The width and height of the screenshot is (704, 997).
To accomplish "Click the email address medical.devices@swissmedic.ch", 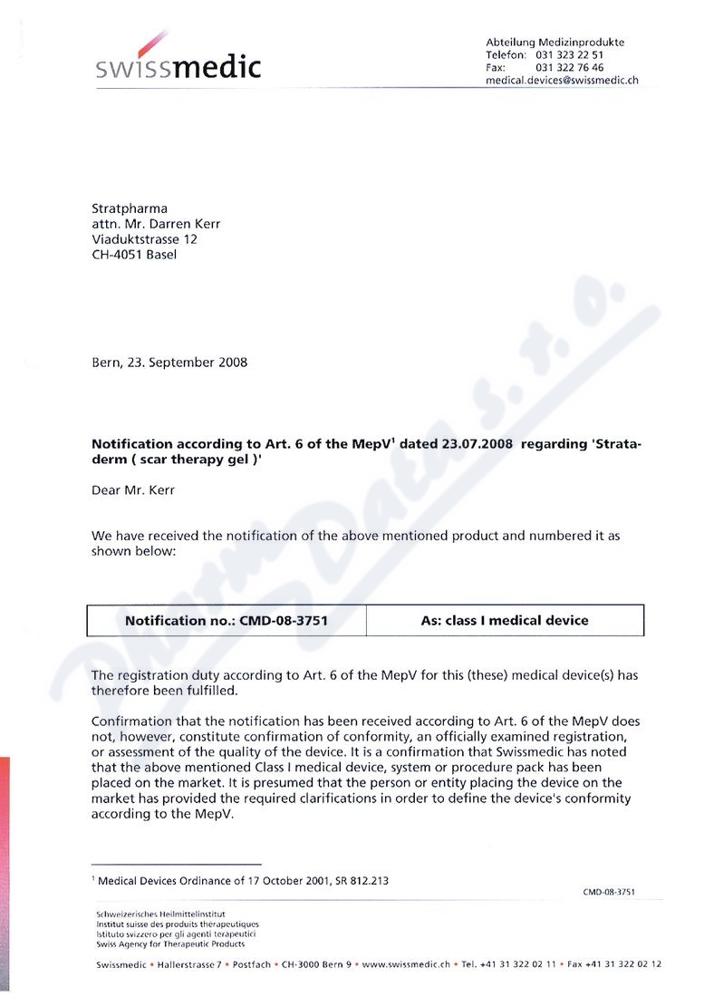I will click(x=562, y=80).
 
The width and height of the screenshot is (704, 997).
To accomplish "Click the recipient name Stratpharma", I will click(x=130, y=209).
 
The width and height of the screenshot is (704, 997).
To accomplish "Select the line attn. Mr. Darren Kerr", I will click(x=156, y=225).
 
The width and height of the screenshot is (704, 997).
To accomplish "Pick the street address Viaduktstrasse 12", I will click(x=144, y=239).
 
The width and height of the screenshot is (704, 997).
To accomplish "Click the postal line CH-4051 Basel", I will click(x=134, y=255).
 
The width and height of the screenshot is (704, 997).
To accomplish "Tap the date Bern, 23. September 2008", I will click(x=169, y=363).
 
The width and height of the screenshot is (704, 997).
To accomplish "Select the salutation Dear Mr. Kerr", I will click(x=132, y=491).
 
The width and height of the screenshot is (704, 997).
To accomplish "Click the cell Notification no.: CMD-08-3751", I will click(x=226, y=621).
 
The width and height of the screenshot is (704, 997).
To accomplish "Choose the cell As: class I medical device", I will click(x=505, y=621).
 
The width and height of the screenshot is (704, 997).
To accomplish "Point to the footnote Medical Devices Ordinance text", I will click(x=244, y=880).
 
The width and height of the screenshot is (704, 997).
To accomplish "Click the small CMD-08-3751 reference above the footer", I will click(x=608, y=892).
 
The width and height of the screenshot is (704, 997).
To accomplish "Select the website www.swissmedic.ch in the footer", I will click(x=406, y=964).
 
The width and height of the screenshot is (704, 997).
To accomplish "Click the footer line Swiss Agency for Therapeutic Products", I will click(x=170, y=944).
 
